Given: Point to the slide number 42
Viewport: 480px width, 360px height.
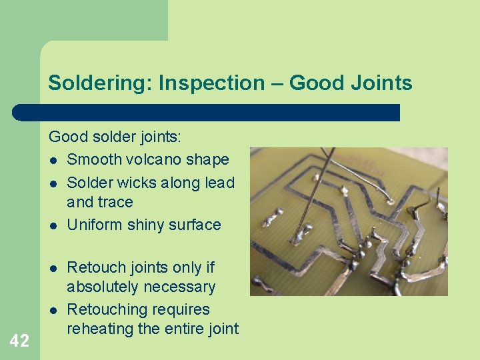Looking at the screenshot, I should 19,341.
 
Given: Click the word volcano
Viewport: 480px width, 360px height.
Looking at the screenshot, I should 154,159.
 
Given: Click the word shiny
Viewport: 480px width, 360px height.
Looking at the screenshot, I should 145,225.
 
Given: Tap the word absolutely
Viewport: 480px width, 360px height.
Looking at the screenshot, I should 108,287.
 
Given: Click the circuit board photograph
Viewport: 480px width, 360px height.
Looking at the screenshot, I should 348,221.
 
